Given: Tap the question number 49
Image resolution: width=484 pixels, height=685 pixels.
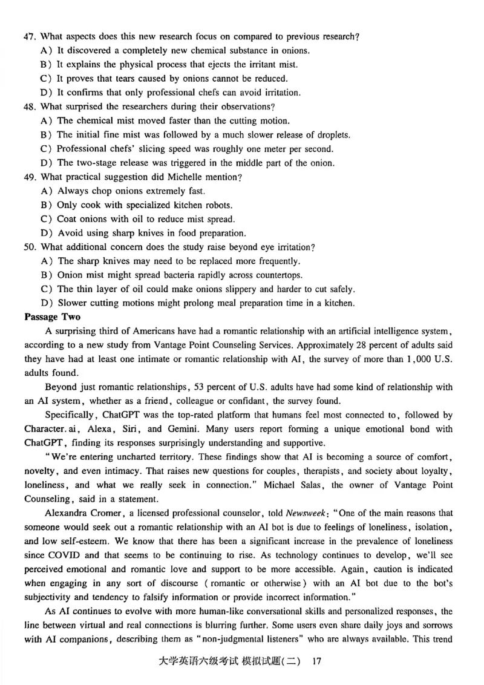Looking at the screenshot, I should click(30, 177).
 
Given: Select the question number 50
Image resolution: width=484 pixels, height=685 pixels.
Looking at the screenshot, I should click(30, 247).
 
